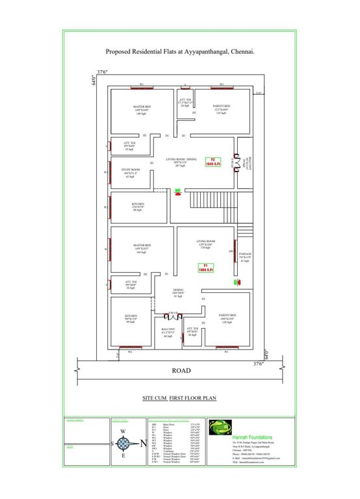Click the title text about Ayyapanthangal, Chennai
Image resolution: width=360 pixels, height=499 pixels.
point(180,49)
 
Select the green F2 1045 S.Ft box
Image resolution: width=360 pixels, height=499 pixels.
point(211,161)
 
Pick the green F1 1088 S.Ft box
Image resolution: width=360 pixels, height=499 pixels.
point(202,267)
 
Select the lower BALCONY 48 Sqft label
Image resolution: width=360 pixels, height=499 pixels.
point(168,333)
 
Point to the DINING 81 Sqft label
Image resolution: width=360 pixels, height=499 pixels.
point(178,292)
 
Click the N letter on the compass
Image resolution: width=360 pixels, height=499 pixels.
point(136,444)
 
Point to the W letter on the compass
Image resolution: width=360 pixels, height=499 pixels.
point(122,431)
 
